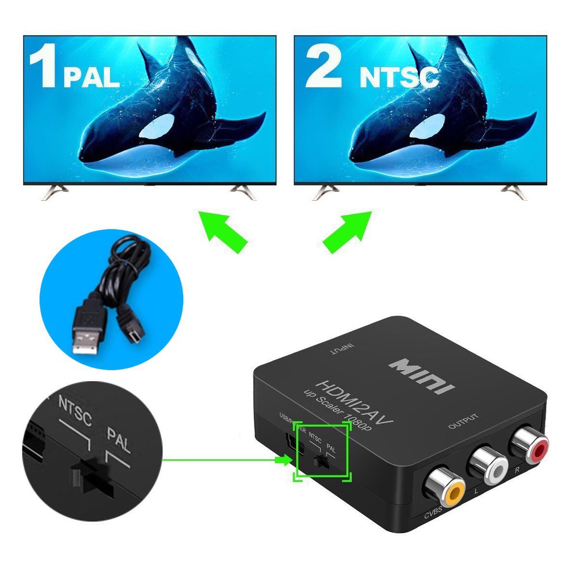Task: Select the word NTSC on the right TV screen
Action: (399, 77)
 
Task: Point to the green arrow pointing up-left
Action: (222, 230)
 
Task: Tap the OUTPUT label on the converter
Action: (463, 421)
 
